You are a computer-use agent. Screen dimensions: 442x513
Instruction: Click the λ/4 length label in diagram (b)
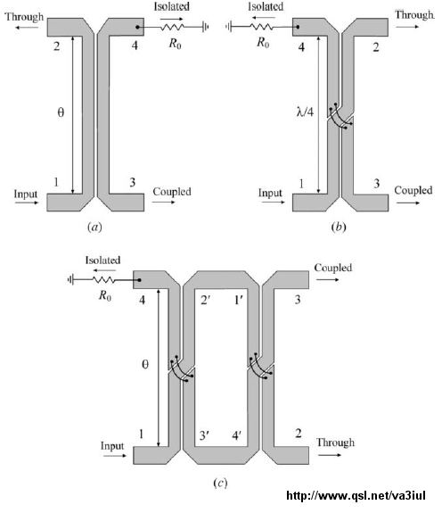coord(305,112)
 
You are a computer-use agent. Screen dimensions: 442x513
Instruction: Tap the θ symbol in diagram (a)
coord(61,112)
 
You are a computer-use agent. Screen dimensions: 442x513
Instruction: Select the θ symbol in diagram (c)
coord(145,364)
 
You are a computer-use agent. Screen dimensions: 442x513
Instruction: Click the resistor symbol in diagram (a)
coord(172,27)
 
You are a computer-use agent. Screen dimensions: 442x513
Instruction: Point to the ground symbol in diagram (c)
coord(70,280)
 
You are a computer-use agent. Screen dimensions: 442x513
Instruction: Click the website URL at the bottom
coord(356,495)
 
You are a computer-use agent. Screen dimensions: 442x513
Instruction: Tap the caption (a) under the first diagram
coord(94,227)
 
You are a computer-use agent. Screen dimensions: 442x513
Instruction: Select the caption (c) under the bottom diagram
coord(220,483)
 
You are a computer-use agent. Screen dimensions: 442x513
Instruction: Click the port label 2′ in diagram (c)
coord(204,299)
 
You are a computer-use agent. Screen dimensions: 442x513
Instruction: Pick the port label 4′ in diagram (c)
coord(236,435)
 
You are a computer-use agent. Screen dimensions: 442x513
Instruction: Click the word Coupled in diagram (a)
coord(172,192)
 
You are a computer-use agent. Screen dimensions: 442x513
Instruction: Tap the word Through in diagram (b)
coord(414,15)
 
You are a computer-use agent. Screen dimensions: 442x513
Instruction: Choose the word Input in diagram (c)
coord(112,446)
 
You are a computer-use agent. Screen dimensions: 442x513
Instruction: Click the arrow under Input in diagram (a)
coord(27,203)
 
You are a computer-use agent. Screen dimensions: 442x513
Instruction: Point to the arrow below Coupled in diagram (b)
coord(408,203)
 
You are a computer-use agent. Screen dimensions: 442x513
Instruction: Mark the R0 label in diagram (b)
coord(263,43)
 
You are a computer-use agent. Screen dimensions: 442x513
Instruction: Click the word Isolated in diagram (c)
coord(102,261)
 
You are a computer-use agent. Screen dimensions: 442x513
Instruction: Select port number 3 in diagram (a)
coord(132,182)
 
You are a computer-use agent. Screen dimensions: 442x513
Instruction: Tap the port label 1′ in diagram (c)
coord(238,299)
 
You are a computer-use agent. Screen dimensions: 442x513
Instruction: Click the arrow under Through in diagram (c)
coord(330,455)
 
